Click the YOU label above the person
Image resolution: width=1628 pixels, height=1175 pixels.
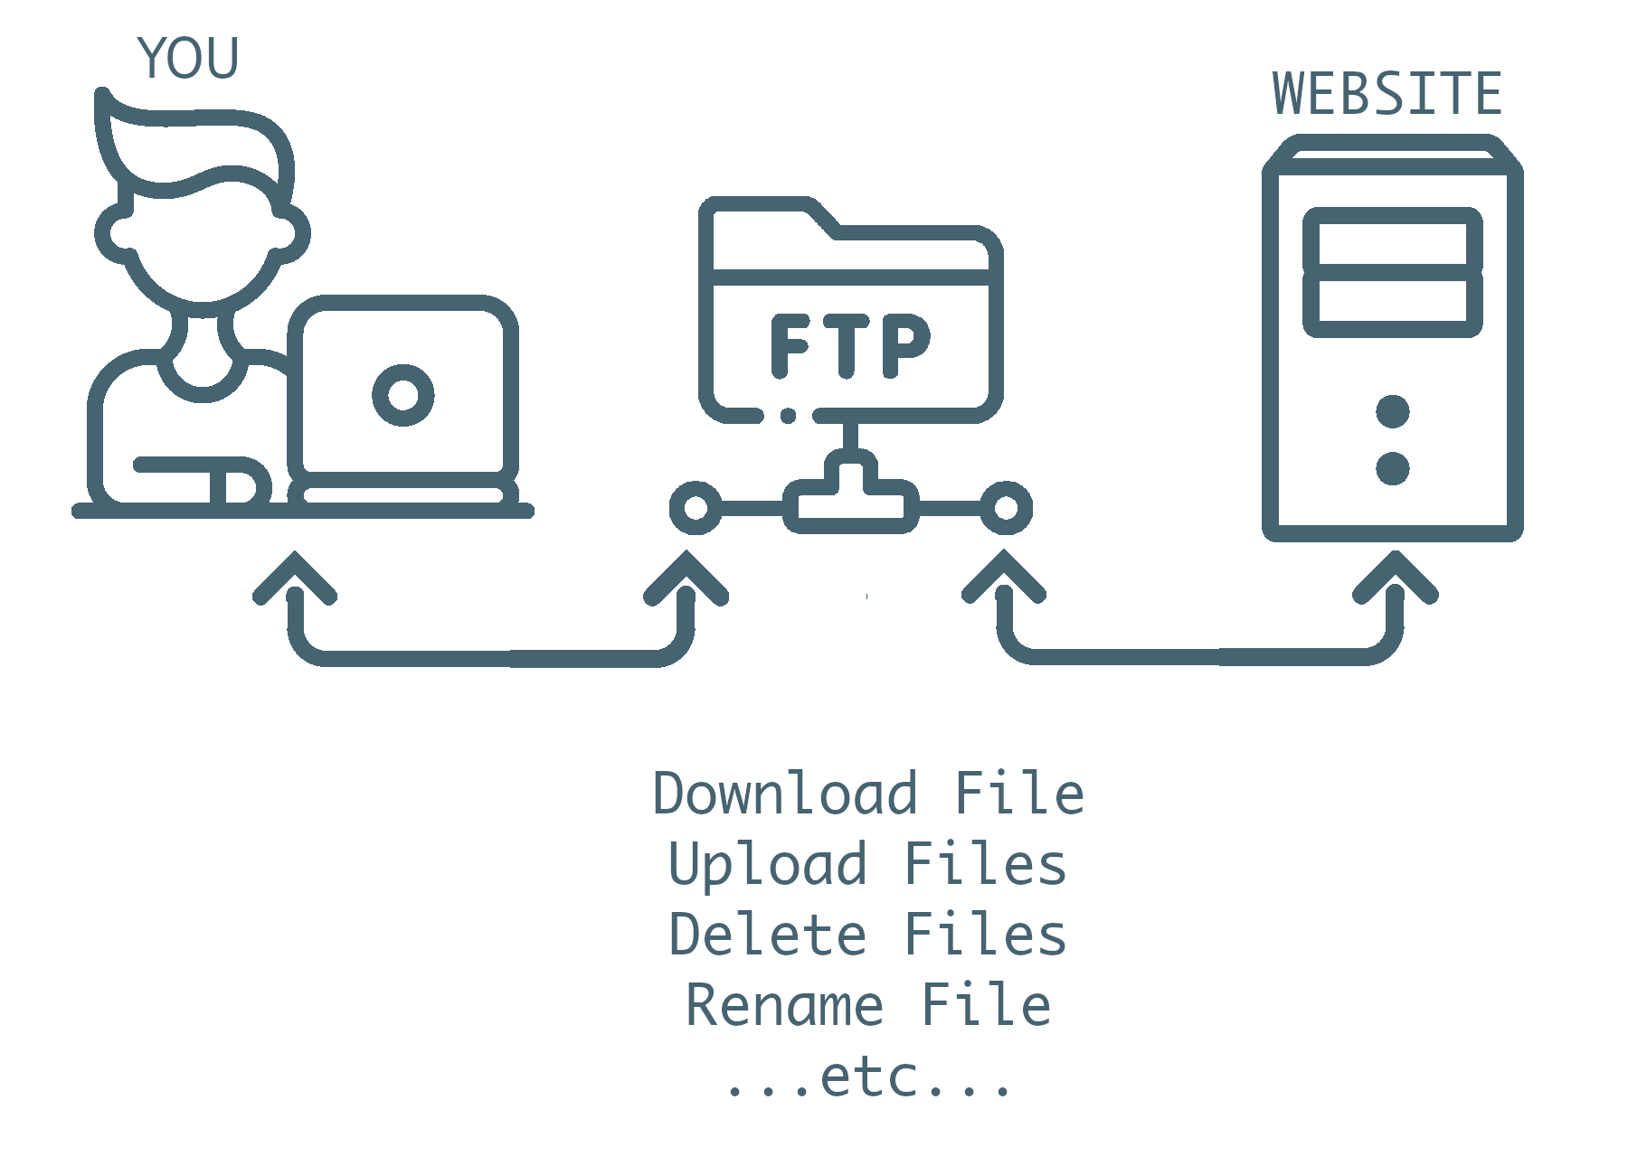(188, 59)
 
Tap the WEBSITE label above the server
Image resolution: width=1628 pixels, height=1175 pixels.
(1387, 94)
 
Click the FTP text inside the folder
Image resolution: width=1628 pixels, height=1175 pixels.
(850, 345)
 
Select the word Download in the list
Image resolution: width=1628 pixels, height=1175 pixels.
(785, 794)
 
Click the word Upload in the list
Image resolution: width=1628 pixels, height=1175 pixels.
(768, 864)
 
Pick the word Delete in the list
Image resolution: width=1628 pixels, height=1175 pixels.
(768, 934)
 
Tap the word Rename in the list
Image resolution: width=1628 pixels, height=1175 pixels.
(784, 1005)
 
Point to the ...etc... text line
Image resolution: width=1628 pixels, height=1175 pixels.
(868, 1077)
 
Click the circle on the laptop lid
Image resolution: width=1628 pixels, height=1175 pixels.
(403, 395)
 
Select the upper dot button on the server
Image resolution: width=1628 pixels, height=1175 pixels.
(1393, 411)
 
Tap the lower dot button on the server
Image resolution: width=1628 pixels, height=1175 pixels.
(1393, 468)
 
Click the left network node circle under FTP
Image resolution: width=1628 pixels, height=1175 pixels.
(695, 508)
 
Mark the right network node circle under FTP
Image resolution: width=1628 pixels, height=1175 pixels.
(1006, 508)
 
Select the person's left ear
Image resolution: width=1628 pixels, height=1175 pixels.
(114, 232)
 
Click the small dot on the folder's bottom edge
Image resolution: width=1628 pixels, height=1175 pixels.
(788, 416)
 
